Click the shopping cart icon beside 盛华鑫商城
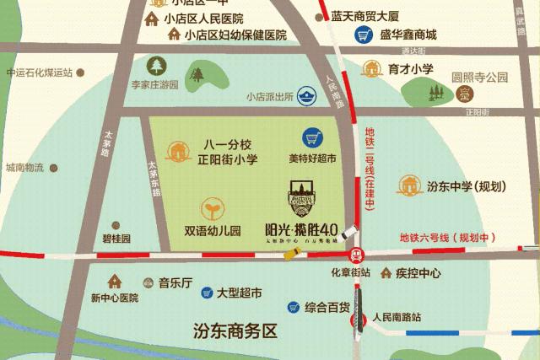pos(364,35)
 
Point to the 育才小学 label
pos(410,69)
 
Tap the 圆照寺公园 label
pos(479,78)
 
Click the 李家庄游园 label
pos(154,85)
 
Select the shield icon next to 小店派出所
pos(307,97)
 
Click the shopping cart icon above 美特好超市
pos(313,138)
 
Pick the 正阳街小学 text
pos(227,159)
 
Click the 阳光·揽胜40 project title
pos(302,229)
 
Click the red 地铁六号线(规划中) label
pos(450,237)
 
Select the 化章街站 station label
pos(351,272)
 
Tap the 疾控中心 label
pos(418,273)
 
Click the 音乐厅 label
pos(175,283)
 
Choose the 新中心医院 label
pos(114,298)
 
